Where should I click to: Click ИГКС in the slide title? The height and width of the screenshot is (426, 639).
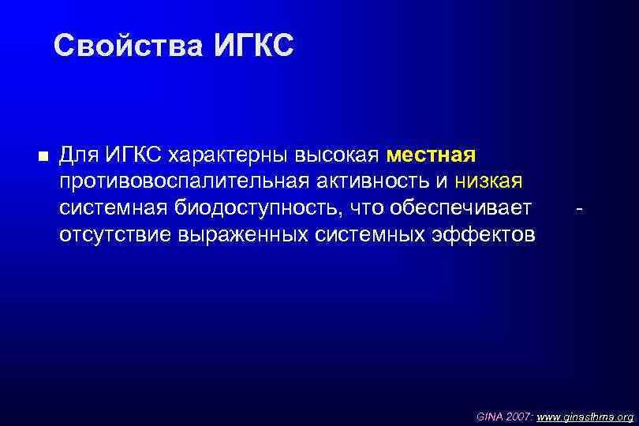(x=253, y=47)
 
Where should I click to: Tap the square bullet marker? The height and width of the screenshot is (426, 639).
(x=42, y=155)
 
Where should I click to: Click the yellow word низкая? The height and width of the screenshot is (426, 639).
(x=489, y=181)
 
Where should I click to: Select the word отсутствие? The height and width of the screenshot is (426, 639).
(x=116, y=235)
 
